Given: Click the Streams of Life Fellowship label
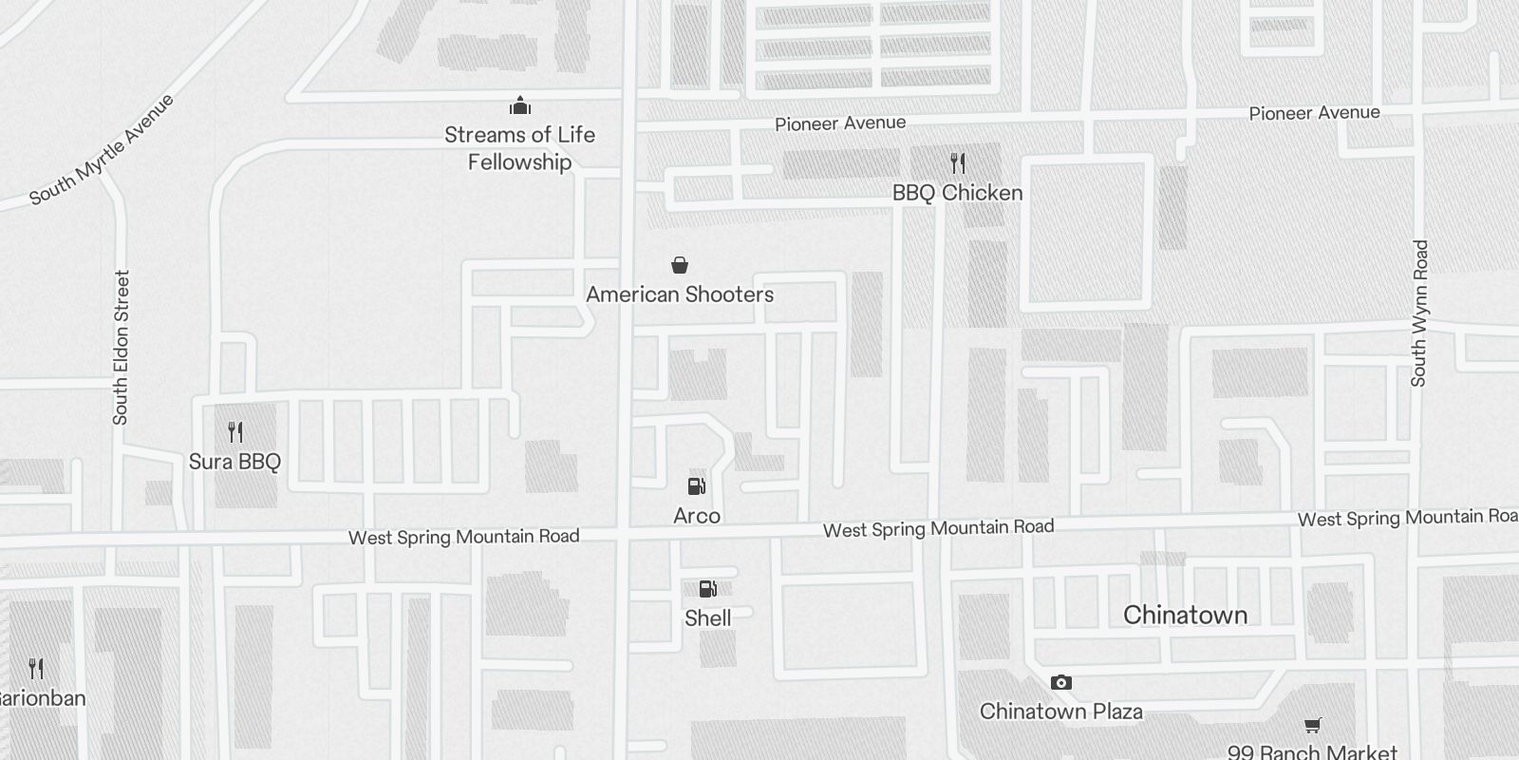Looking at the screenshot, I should pyautogui.click(x=519, y=148).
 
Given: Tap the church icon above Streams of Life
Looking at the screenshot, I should pyautogui.click(x=519, y=104).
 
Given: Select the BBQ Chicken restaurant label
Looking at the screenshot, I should pyautogui.click(x=957, y=193).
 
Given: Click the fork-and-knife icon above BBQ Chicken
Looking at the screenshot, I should pyautogui.click(x=957, y=163).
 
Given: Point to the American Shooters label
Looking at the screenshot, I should pyautogui.click(x=680, y=294).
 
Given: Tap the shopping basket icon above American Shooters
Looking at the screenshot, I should pyautogui.click(x=680, y=265).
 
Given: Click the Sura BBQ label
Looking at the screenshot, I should pyautogui.click(x=234, y=462).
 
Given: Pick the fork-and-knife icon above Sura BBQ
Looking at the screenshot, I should pyautogui.click(x=235, y=433).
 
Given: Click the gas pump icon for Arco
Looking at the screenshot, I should pyautogui.click(x=697, y=486).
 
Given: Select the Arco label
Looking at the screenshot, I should pyautogui.click(x=697, y=516).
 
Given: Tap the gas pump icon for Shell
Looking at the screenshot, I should pyautogui.click(x=707, y=589).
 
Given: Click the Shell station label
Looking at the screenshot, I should pyautogui.click(x=708, y=618).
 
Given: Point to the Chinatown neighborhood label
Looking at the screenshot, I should pyautogui.click(x=1185, y=616).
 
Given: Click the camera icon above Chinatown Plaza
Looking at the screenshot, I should pyautogui.click(x=1061, y=682).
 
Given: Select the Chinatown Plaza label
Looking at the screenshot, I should pyautogui.click(x=1061, y=712).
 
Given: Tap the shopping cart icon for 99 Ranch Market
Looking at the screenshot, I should pyautogui.click(x=1313, y=726).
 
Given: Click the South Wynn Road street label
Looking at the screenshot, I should pyautogui.click(x=1419, y=313).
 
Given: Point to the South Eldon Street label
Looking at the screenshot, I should pyautogui.click(x=121, y=348).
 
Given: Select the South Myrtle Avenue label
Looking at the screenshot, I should pyautogui.click(x=103, y=149).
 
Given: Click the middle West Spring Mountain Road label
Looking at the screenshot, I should pyautogui.click(x=938, y=528).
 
